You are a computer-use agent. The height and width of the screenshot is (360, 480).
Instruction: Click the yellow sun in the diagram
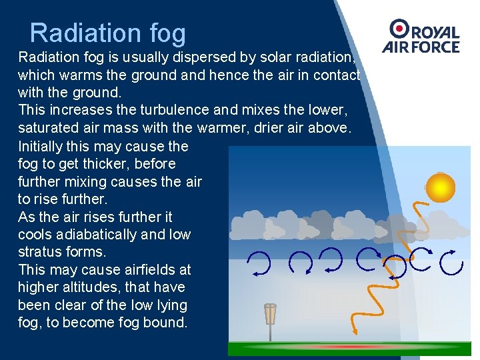coord(440,187)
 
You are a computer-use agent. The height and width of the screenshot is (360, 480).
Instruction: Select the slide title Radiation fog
coord(107,33)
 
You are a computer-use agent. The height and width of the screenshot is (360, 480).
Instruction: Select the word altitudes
coord(87,287)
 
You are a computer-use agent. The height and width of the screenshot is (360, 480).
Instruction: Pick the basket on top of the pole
coord(270,313)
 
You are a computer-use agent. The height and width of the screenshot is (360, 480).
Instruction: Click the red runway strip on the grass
coord(350,347)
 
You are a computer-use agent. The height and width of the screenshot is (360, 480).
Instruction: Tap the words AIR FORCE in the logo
coord(421,47)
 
